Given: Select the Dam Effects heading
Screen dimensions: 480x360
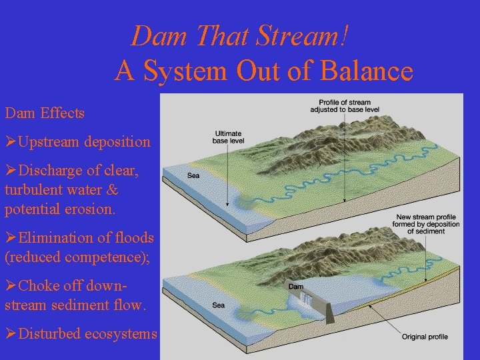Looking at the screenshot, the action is tap(45, 113).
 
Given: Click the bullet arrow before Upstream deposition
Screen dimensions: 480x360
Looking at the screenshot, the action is tap(11, 142).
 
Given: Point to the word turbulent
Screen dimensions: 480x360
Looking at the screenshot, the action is tap(38, 190).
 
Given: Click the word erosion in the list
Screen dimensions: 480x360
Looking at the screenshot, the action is tap(86, 209).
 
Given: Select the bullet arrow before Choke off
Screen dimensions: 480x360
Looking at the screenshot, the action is tap(11, 286).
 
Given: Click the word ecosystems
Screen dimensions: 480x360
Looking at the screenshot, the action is tap(121, 334).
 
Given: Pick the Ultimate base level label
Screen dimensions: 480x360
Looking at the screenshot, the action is tap(227, 137).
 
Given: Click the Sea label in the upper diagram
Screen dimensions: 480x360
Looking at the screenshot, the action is tap(193, 176).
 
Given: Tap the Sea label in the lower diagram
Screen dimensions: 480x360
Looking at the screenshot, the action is tap(218, 305).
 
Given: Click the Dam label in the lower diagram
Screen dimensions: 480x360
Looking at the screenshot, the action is tap(296, 287).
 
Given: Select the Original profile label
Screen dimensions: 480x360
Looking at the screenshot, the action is tap(425, 337).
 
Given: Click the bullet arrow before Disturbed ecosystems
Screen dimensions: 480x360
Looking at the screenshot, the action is tap(11, 334).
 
